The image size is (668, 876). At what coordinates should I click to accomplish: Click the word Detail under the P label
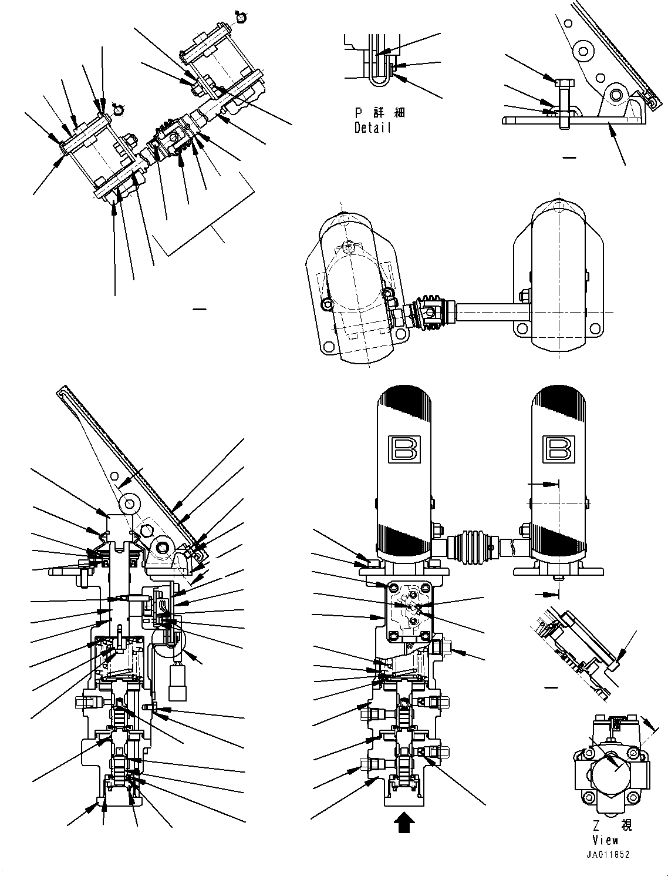372,127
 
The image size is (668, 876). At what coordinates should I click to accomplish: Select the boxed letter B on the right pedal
559,448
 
